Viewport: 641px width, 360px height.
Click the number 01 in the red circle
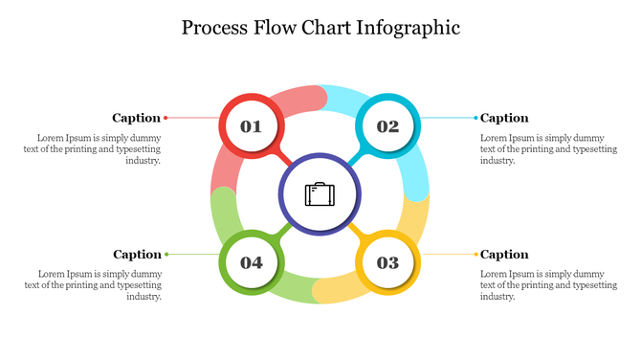251,126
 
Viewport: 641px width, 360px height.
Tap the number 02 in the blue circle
387,126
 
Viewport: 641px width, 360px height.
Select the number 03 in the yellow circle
387,262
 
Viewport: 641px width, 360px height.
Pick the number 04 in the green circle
252,262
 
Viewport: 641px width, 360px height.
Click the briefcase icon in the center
320,194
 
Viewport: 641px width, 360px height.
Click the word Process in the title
217,27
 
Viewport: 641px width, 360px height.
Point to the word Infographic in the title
409,27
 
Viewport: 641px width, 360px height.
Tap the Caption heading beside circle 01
136,118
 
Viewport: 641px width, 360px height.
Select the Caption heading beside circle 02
504,118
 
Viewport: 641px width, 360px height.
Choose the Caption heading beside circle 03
504,254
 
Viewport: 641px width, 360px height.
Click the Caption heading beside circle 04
137,254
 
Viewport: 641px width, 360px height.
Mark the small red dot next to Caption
166,118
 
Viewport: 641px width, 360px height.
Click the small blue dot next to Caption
475,118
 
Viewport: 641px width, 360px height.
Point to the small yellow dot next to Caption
475,254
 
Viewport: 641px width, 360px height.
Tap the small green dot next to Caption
166,254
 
